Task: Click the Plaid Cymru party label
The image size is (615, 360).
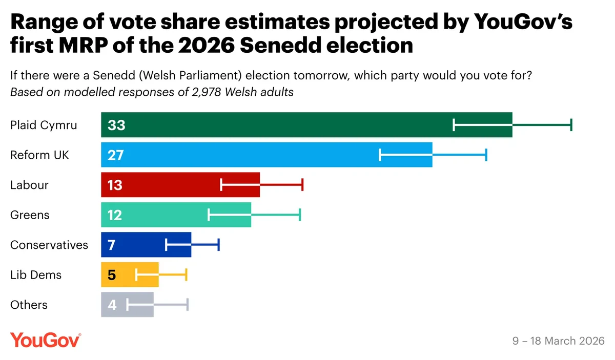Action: tap(44, 125)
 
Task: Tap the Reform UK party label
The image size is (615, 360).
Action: tap(39, 155)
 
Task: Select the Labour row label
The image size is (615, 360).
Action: tap(29, 185)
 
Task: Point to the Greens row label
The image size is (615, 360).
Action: tap(30, 215)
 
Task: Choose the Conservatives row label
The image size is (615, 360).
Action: tap(49, 245)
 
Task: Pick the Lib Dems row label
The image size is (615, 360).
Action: tap(36, 275)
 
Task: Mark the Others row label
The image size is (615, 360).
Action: tap(29, 305)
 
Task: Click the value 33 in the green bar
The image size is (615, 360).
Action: tap(116, 125)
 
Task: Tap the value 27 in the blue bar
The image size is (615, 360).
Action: tap(116, 155)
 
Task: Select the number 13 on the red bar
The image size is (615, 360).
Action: tap(115, 185)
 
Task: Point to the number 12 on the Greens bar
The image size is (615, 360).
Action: tap(115, 215)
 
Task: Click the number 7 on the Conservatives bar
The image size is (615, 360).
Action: tap(111, 245)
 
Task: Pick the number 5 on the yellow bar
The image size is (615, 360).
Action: tap(112, 275)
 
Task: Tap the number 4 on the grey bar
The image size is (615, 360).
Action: tap(112, 305)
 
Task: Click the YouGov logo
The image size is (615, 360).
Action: tap(45, 340)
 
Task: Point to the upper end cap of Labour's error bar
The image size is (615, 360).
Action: tap(302, 185)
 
